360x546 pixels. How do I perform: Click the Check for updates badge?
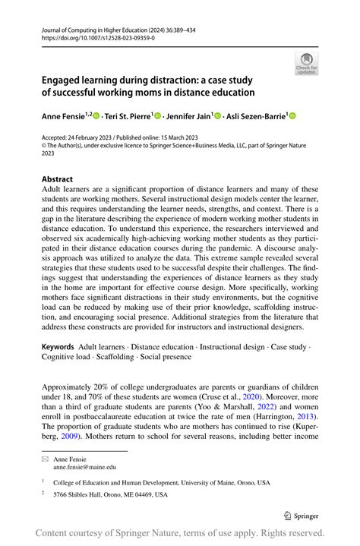point(306,62)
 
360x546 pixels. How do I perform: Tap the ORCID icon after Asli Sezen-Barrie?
point(292,115)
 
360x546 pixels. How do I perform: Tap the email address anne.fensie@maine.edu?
point(89,468)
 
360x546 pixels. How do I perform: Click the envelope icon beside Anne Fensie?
point(45,459)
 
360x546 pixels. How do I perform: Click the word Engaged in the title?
point(63,80)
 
